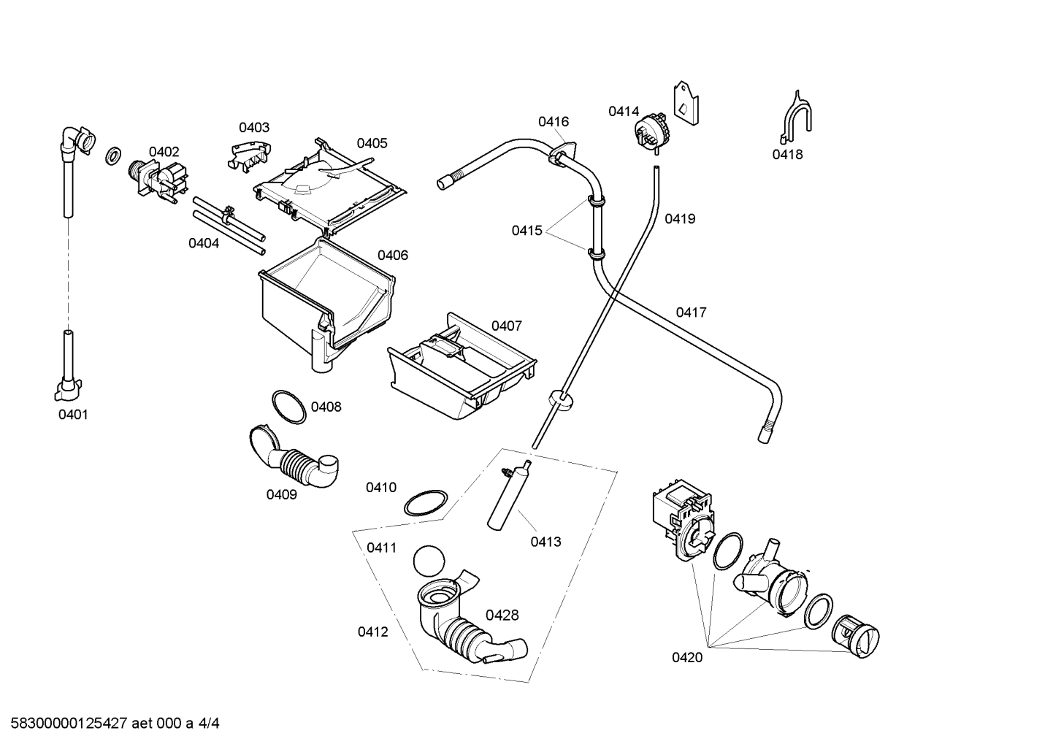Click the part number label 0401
coord(73,415)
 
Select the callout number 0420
coord(687,658)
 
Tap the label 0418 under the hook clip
coord(787,154)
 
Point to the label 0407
coord(506,326)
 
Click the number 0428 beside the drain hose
coord(502,615)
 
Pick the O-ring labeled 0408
coord(288,407)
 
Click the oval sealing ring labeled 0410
coord(426,502)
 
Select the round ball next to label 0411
coord(429,561)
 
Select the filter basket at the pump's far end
coord(854,637)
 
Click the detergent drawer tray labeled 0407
coord(462,367)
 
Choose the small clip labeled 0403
coord(249,153)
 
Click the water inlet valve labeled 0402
coord(159,181)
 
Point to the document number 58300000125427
coord(69,723)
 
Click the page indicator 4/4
coord(208,723)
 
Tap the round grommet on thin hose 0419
coord(561,400)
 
